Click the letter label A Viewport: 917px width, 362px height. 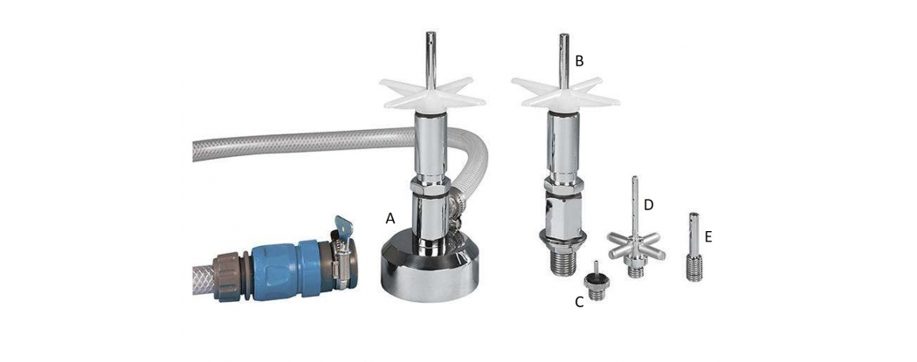click(390, 219)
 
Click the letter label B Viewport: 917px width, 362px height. click(580, 61)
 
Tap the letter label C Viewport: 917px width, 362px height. click(580, 302)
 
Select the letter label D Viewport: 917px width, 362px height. click(648, 205)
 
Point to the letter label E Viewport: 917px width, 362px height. click(708, 236)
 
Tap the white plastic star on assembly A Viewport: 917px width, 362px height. click(432, 94)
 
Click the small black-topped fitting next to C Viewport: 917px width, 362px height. click(596, 283)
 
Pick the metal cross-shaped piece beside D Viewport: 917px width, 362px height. click(635, 244)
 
